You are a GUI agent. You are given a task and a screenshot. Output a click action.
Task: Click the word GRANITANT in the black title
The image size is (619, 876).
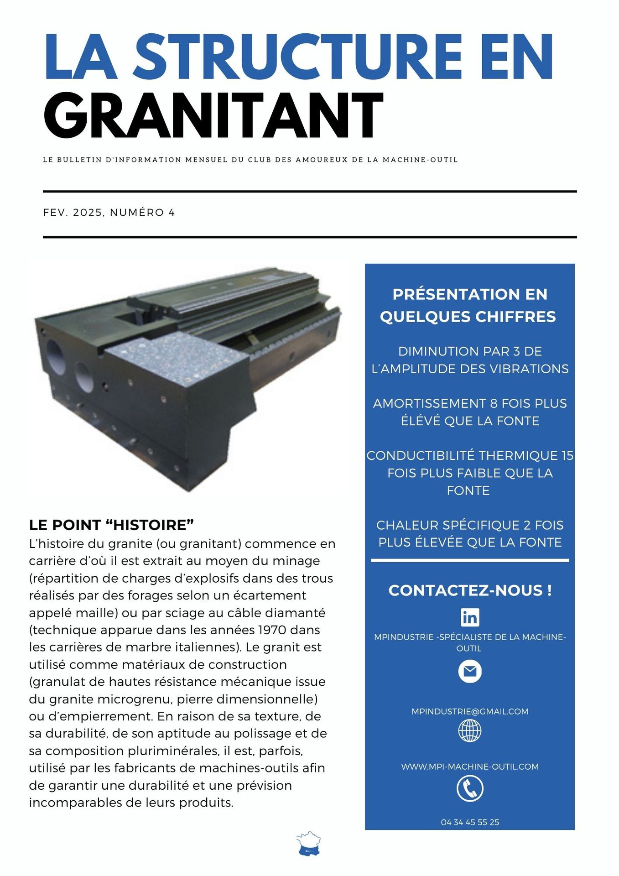(x=213, y=115)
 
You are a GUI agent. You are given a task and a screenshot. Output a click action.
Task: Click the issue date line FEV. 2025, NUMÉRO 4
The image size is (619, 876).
(x=109, y=213)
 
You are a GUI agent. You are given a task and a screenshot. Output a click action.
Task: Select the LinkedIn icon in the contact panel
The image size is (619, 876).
(x=470, y=617)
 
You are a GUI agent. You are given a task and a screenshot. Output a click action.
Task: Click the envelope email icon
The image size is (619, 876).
(x=470, y=672)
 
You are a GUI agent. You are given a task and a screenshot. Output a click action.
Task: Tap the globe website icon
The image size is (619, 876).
(x=470, y=730)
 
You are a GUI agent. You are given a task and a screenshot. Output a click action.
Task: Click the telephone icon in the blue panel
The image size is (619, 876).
(x=470, y=788)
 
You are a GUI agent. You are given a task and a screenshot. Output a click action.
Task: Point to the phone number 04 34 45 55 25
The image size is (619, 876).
(x=470, y=822)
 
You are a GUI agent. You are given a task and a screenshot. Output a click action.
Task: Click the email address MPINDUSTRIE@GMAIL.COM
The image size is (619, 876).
(x=470, y=711)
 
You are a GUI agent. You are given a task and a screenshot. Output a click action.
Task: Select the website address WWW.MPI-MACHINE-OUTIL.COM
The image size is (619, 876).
(x=470, y=766)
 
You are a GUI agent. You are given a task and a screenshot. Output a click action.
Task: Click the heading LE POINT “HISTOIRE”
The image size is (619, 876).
(x=111, y=525)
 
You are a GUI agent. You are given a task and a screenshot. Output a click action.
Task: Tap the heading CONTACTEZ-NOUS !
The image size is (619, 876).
(x=470, y=590)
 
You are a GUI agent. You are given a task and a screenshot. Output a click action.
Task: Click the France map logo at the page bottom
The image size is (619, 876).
(x=309, y=843)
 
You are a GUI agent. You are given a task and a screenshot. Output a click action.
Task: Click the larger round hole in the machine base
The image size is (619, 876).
(x=55, y=351)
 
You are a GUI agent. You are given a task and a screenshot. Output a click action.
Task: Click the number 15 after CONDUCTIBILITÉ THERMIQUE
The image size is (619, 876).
(x=567, y=455)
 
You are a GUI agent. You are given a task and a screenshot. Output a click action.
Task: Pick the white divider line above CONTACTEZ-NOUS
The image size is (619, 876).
(x=470, y=560)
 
